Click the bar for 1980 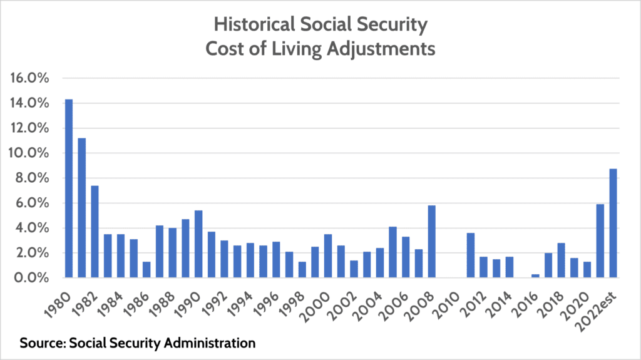(x=69, y=188)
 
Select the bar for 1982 (x=95, y=231)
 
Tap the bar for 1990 (x=198, y=244)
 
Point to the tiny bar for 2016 (x=535, y=275)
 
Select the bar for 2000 (x=328, y=255)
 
